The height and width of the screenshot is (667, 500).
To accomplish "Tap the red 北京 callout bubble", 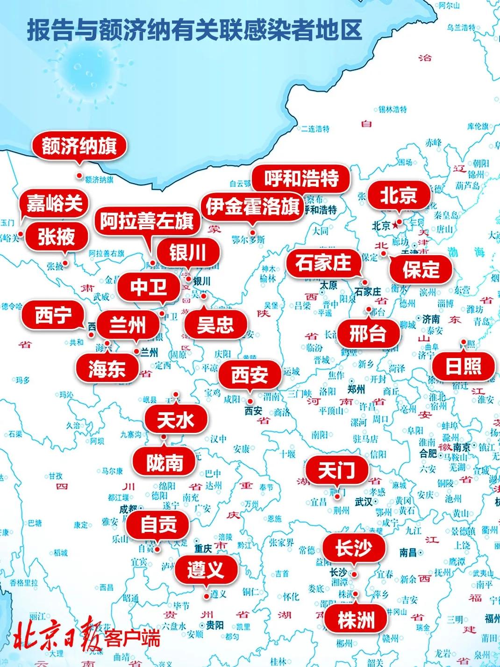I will pos(398,196).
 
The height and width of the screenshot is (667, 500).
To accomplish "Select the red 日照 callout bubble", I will pos(463,366).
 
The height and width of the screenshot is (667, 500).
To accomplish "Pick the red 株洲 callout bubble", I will pos(356,620).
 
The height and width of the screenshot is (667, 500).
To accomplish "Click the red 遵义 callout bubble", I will pos(206,570).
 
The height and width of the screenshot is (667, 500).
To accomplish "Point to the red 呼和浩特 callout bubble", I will pos(301,178).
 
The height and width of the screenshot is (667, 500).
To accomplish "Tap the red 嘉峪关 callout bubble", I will pos(54,203).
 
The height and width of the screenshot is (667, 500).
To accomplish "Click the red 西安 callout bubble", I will pos(250,374).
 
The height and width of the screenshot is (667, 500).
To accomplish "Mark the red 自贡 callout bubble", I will pos(159,524).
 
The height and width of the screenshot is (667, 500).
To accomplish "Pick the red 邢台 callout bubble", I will pos(368,334).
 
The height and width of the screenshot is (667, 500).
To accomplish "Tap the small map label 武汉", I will pos(363,502).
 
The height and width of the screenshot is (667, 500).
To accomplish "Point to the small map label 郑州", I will pos(357,389).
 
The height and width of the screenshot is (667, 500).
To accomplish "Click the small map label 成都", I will pos(128,509).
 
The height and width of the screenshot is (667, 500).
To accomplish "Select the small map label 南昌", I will pos(407,552).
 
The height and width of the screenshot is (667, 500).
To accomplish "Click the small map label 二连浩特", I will pos(315,129).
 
